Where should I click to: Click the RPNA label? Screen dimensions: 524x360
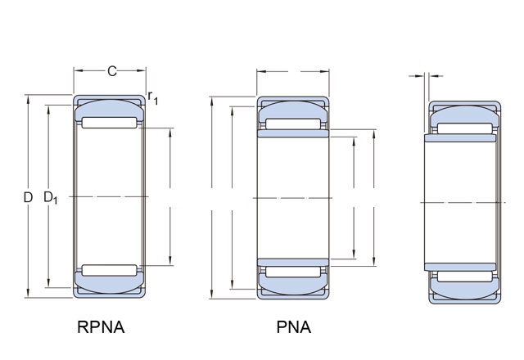[x=101, y=327]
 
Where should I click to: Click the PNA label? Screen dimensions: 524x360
[x=293, y=327]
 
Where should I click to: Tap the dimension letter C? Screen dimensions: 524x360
[x=112, y=71]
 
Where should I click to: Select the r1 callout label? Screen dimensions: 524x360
[x=153, y=97]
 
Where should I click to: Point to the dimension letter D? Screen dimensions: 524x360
[x=28, y=197]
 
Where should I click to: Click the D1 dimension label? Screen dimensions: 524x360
[x=51, y=198]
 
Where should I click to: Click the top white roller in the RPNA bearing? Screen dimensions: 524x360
[x=109, y=123]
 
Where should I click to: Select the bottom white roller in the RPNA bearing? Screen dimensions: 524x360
[x=109, y=271]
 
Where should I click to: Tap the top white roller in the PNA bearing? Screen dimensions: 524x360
[x=293, y=124]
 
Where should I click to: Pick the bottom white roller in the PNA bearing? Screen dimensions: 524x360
[x=293, y=272]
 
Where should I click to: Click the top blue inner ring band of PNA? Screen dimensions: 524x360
[x=293, y=133]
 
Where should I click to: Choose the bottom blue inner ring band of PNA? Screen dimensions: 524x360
[x=293, y=262]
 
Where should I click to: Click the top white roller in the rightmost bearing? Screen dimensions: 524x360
[x=465, y=128]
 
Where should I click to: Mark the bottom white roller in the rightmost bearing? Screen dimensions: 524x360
[x=465, y=277]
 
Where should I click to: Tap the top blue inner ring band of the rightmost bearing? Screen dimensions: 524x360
[x=460, y=138]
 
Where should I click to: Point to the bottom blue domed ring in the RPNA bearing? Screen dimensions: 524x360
[x=109, y=283]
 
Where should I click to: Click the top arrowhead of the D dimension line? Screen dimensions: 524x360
[x=28, y=99]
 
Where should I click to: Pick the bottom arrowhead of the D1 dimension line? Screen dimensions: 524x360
[x=48, y=283]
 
